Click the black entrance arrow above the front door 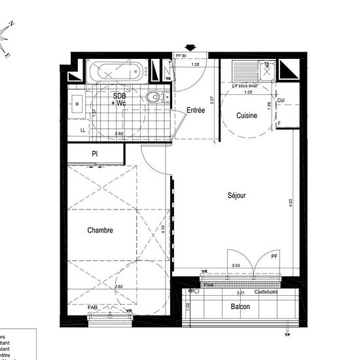pos(190,47)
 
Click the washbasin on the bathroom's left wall pos(76,103)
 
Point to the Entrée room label pos(196,111)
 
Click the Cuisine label pos(247,115)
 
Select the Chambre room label pos(100,230)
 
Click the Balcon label pos(240,306)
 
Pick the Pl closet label pos(95,154)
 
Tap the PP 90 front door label pos(181,57)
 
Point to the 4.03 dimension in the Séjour pos(291,204)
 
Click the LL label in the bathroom pos(82,130)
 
